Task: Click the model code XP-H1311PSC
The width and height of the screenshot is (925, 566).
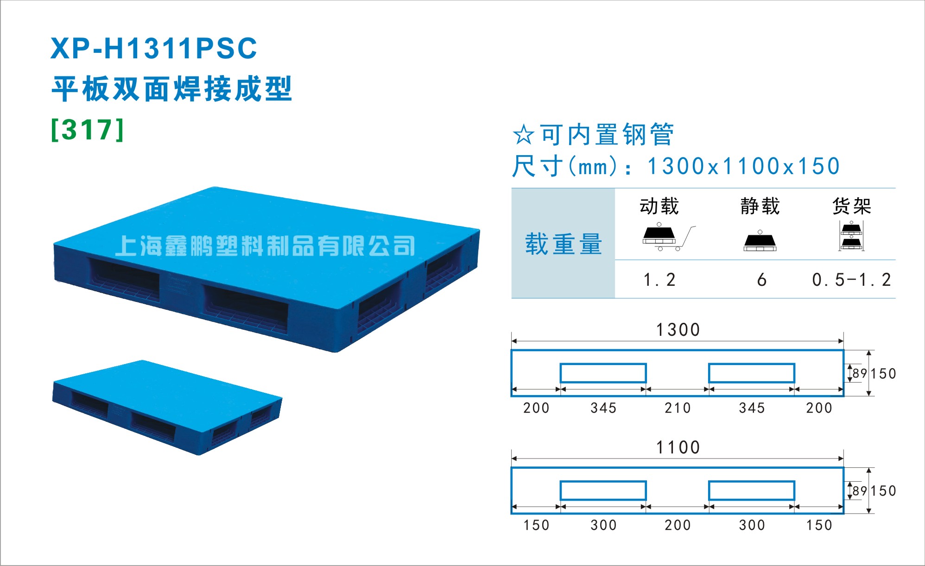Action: click(x=154, y=48)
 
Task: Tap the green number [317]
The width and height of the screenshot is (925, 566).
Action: click(x=88, y=130)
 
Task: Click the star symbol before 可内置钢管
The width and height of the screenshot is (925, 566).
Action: click(x=524, y=135)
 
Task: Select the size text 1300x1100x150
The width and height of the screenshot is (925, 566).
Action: click(x=743, y=166)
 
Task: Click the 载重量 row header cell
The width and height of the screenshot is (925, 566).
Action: click(x=563, y=243)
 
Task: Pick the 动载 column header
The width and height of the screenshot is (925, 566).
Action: click(x=659, y=206)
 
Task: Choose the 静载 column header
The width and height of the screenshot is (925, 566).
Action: click(x=760, y=206)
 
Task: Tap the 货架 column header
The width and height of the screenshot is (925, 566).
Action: click(x=852, y=206)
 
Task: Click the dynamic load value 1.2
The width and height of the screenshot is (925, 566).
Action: click(x=659, y=280)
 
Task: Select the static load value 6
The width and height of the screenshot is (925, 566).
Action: click(x=761, y=280)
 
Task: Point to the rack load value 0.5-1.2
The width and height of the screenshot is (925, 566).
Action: click(x=851, y=280)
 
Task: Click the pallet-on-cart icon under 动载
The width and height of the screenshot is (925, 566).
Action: click(x=669, y=237)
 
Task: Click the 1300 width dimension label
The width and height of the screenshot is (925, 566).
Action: click(x=678, y=330)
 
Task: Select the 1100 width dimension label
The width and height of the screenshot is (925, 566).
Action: click(x=678, y=447)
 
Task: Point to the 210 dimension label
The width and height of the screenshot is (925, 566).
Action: click(x=678, y=408)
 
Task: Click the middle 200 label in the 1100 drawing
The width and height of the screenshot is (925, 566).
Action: click(x=678, y=525)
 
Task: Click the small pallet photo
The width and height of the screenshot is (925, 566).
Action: click(x=167, y=408)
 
